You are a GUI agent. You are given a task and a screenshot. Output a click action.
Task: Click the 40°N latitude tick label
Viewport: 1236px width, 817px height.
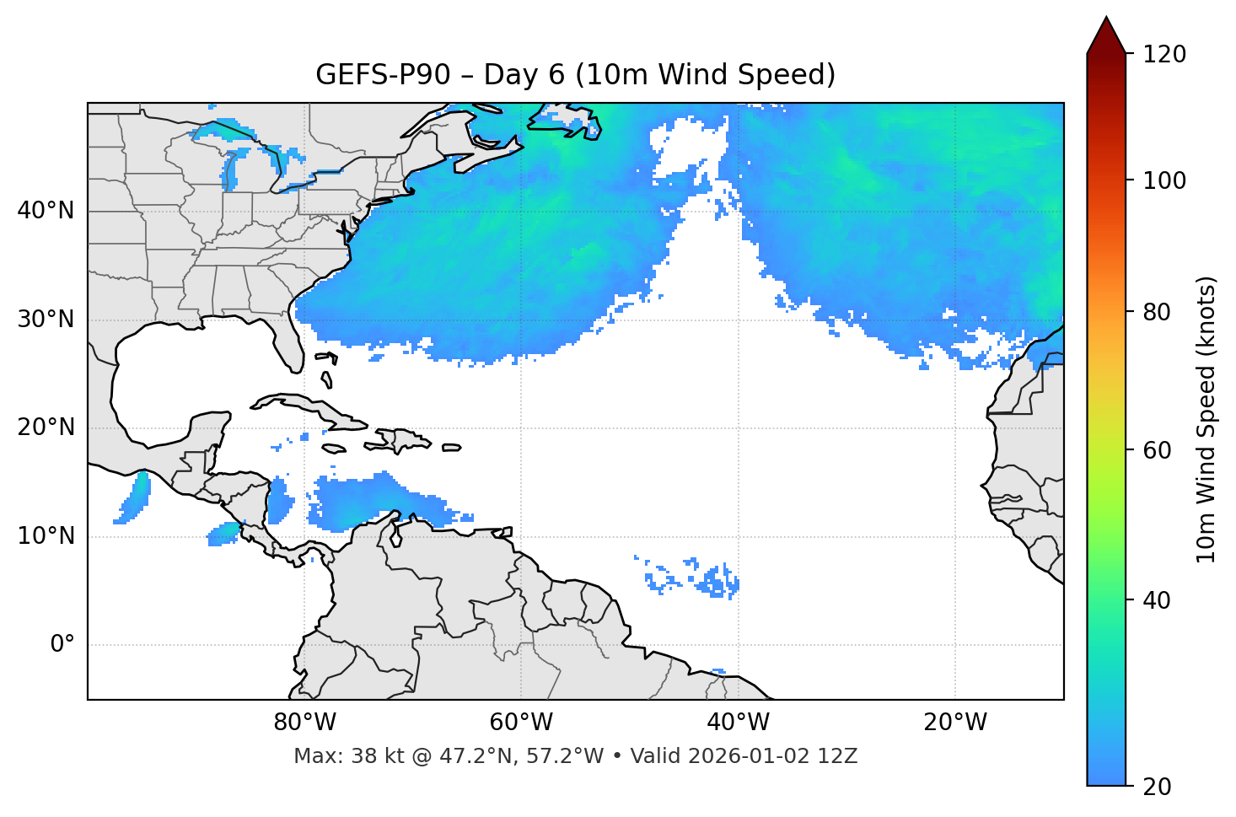point(46,211)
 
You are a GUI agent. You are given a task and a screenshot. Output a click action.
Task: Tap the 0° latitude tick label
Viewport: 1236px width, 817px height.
point(62,645)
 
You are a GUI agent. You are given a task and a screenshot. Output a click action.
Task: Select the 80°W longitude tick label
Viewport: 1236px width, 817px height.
point(304,723)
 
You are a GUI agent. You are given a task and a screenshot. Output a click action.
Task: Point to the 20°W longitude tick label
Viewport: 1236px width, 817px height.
point(955,723)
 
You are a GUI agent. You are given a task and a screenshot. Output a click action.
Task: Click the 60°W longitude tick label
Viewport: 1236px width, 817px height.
point(521,723)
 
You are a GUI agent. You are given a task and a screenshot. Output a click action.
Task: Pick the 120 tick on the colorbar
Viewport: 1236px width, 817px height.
point(1164,55)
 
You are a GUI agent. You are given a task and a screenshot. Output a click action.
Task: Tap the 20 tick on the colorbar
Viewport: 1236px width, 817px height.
point(1158,787)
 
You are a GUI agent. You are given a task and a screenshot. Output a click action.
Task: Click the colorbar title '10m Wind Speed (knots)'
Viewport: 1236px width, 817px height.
point(1206,420)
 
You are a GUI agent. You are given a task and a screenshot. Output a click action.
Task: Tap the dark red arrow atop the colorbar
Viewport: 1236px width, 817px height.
point(1106,35)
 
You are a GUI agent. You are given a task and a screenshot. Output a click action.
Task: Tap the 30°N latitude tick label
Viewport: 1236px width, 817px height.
point(46,320)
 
